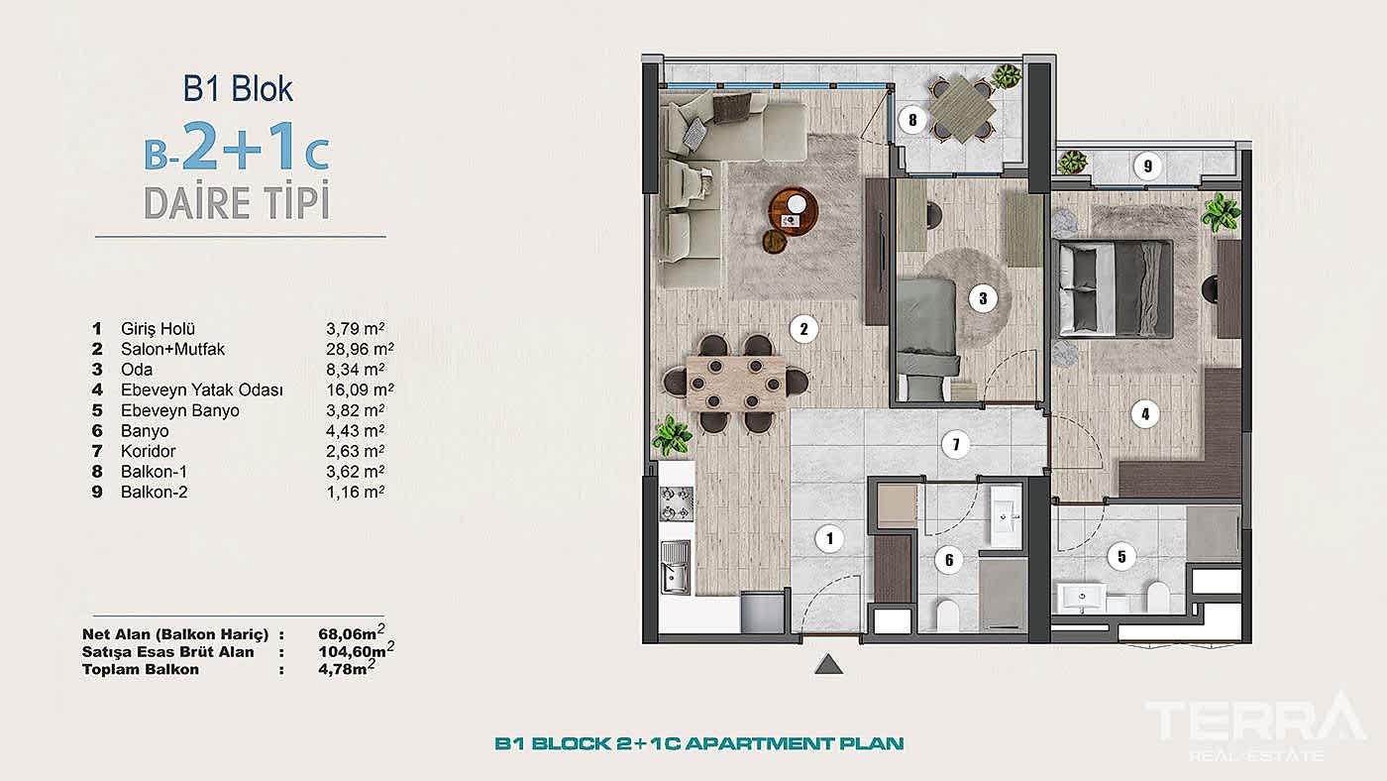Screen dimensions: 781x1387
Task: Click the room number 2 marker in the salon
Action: click(x=804, y=328)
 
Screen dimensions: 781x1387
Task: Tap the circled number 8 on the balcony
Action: click(x=912, y=121)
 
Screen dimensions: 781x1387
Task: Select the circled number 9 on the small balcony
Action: click(x=1147, y=166)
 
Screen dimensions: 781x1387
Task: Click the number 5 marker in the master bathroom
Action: click(x=1121, y=556)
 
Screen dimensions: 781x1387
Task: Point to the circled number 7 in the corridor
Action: click(x=955, y=444)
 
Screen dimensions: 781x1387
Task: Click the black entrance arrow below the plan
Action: click(x=827, y=665)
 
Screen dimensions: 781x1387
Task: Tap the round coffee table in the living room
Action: click(x=794, y=207)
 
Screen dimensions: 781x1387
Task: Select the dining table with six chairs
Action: click(x=734, y=383)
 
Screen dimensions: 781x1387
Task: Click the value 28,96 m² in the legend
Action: click(x=360, y=349)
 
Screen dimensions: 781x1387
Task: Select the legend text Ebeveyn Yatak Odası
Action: click(x=201, y=390)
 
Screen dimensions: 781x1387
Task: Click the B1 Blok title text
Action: click(x=238, y=89)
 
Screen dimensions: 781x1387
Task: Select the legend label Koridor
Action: click(x=148, y=452)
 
